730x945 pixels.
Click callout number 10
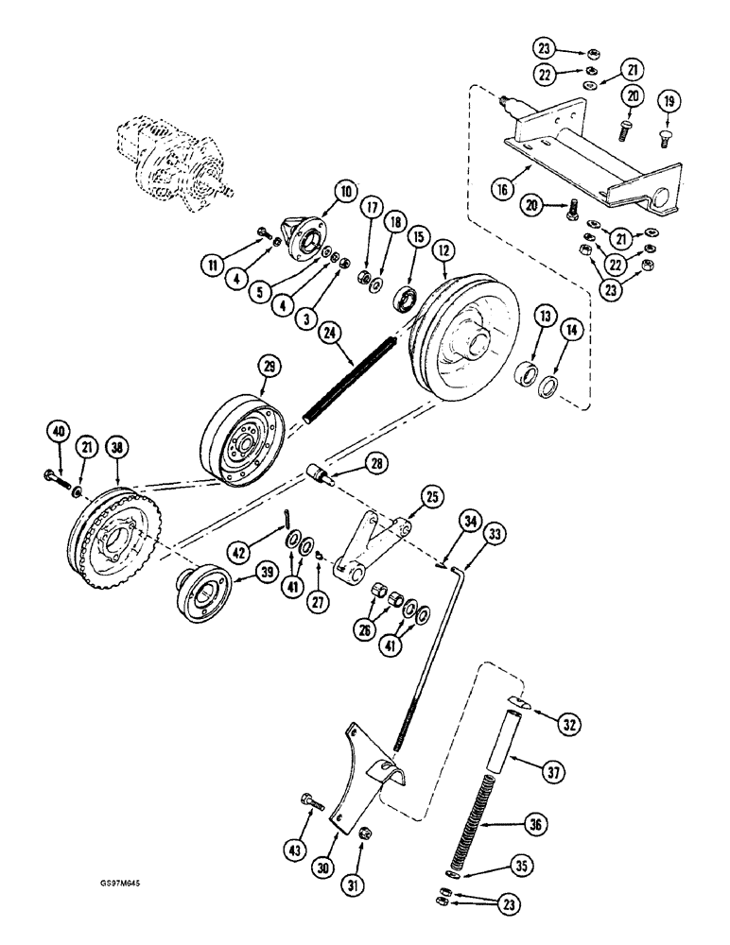[344, 193]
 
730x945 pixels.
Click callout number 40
[59, 434]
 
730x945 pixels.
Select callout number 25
[431, 496]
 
